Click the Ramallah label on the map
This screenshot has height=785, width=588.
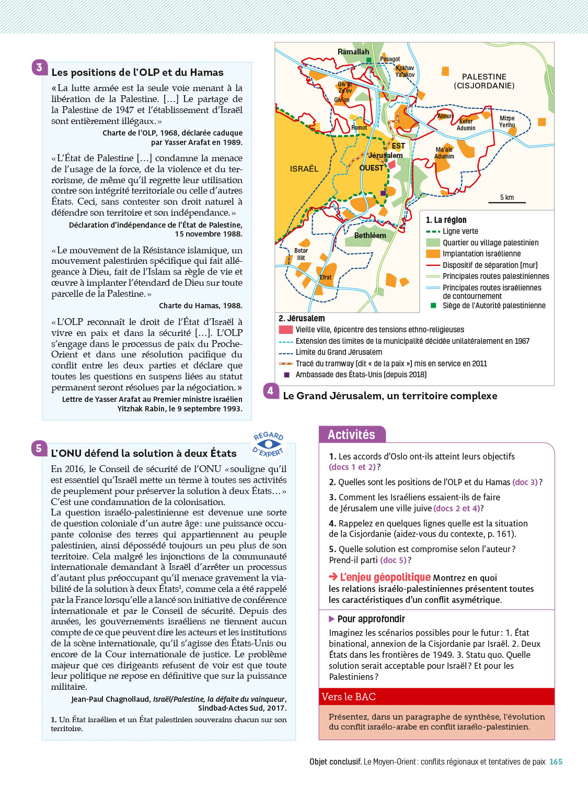353,52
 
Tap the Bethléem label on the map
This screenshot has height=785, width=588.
370,235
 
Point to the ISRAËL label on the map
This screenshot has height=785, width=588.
304,169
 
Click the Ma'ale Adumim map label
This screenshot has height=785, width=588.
444,153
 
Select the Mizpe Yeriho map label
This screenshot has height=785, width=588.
507,121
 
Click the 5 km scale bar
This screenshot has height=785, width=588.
506,201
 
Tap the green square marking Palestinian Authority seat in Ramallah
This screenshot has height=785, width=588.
369,60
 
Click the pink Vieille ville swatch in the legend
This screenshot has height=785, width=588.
285,330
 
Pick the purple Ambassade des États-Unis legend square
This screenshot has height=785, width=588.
286,375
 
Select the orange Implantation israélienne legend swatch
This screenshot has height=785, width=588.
433,254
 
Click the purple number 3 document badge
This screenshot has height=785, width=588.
39,68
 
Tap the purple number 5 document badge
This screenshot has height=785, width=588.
39,448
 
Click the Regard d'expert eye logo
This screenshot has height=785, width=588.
269,444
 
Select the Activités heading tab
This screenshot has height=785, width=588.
352,434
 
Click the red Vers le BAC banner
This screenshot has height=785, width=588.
436,697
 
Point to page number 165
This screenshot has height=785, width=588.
556,762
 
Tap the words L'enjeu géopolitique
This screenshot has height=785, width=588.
385,577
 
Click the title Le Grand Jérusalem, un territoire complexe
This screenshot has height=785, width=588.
390,396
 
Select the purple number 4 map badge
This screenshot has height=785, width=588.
270,390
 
